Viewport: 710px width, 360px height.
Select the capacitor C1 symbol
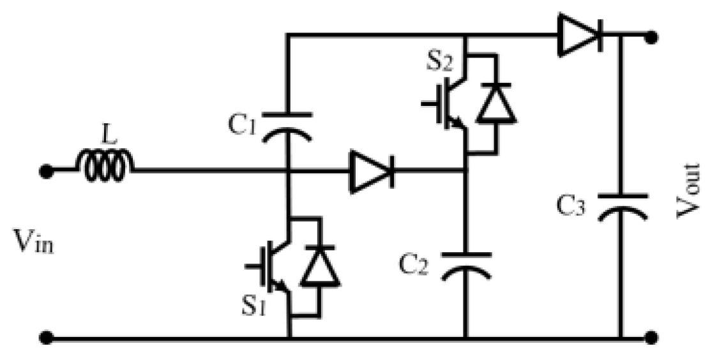[x=288, y=124]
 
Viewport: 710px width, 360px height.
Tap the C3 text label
[x=571, y=206]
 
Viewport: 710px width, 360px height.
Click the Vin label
[x=32, y=241]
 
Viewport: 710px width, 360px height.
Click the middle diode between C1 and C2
[x=370, y=171]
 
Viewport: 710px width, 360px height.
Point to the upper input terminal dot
[x=45, y=171]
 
